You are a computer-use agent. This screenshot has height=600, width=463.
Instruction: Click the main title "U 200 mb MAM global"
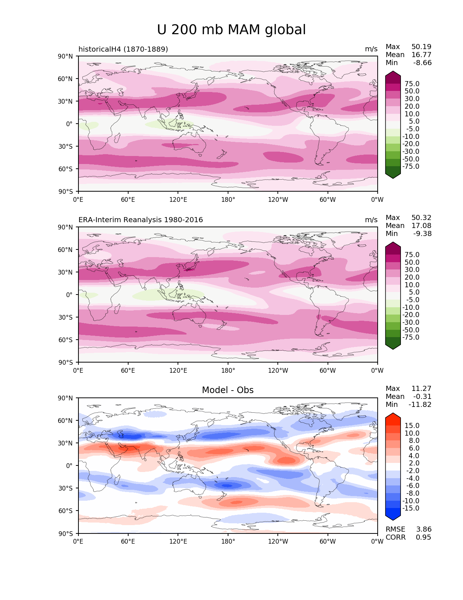231,30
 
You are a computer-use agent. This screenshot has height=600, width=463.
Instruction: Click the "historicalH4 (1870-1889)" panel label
123,49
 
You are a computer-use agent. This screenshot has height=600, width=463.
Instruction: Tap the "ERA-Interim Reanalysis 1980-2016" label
141,220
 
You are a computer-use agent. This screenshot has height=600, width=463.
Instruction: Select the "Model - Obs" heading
228,390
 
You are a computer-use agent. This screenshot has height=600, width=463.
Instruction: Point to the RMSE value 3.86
424,529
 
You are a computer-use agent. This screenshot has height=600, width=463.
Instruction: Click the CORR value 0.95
423,537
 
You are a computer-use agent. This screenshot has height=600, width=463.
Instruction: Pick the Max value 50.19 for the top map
421,47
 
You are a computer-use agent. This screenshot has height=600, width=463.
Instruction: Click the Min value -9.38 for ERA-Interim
422,234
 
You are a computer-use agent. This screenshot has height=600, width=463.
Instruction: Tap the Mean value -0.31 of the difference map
422,397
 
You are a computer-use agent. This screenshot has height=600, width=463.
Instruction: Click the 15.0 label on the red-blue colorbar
412,426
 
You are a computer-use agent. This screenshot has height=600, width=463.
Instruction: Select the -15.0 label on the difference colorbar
411,508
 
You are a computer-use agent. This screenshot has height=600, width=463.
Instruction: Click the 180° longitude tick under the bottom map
228,541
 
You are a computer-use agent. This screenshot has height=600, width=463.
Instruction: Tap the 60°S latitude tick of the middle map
65,340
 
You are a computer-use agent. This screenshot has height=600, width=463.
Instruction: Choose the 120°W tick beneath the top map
278,200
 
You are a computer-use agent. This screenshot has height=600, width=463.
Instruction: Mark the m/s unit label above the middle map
371,220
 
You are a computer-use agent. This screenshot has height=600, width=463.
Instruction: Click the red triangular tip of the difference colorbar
393,416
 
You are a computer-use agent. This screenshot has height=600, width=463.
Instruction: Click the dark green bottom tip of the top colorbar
393,176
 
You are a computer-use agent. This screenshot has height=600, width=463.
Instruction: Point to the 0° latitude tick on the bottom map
69,466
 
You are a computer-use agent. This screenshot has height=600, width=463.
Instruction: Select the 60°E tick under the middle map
128,371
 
